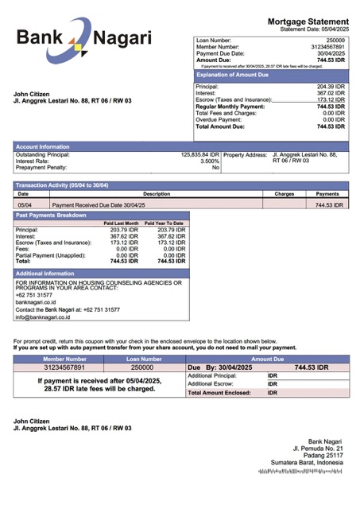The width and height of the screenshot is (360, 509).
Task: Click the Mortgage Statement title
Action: click(308, 21)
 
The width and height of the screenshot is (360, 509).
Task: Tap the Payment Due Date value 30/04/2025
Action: click(330, 53)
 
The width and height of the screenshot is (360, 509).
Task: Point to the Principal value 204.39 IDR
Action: click(331, 87)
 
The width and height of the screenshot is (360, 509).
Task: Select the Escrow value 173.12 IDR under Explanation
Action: click(331, 99)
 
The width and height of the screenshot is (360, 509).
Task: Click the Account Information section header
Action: click(43, 146)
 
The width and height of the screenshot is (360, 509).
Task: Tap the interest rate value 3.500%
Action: click(210, 161)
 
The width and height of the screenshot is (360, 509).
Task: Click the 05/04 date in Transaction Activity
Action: click(24, 205)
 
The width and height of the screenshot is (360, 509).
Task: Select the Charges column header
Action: click(285, 193)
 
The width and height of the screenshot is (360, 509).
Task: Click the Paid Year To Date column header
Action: click(164, 223)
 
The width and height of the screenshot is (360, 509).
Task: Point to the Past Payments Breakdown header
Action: click(52, 215)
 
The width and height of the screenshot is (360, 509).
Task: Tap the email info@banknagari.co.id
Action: click(43, 317)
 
